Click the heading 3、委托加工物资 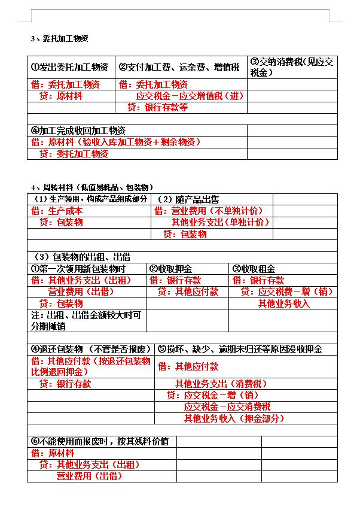60,39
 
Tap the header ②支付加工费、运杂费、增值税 179,67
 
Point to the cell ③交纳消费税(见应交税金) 291,67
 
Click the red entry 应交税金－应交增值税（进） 190,96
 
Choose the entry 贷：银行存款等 158,108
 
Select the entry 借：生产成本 57,211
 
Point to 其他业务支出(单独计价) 221,222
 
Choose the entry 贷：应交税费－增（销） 286,292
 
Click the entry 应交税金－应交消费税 227,407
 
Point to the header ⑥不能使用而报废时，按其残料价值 100,441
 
